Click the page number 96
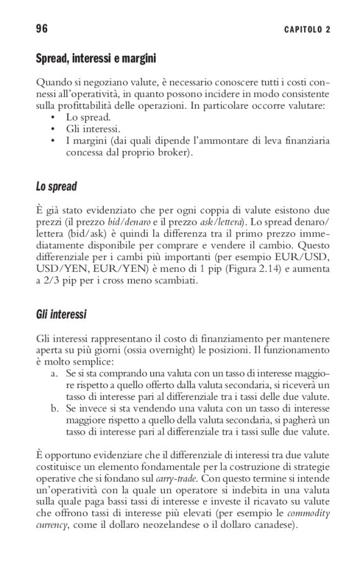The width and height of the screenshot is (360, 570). (42, 29)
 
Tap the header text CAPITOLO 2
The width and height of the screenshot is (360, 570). (307, 30)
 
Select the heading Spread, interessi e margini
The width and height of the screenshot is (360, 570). (96, 59)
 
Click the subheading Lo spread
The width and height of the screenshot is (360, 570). (56, 186)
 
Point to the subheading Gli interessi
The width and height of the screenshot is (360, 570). (61, 315)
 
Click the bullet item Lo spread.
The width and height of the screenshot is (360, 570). (88, 117)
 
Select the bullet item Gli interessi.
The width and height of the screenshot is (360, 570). (93, 129)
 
